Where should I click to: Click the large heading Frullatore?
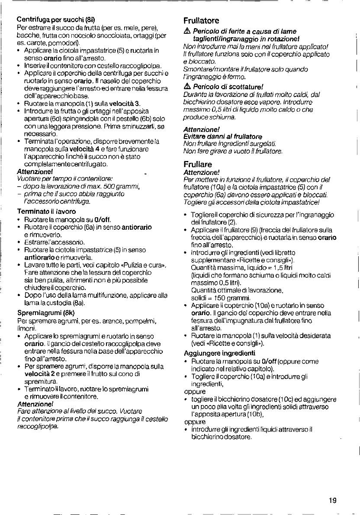(x=201, y=20)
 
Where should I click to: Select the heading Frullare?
(x=198, y=164)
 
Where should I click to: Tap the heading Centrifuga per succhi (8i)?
(x=58, y=19)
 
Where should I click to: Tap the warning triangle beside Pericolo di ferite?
(x=187, y=32)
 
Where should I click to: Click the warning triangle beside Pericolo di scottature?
(x=187, y=86)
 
